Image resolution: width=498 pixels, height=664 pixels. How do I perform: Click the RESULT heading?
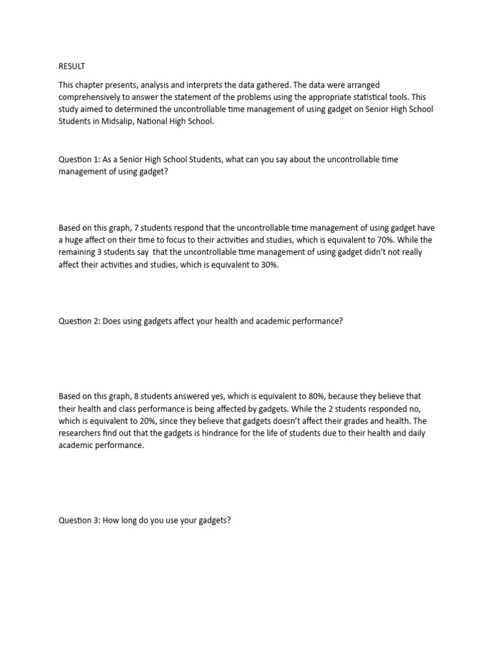pos(72,66)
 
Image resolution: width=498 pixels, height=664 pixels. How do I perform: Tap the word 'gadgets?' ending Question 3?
pos(214,519)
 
